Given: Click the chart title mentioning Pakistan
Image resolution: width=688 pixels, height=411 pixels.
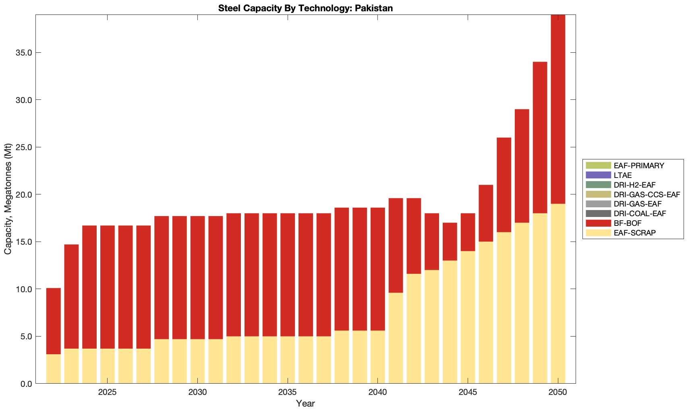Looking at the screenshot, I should [x=305, y=8].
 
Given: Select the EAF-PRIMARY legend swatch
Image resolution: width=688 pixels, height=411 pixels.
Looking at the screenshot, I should [x=598, y=165].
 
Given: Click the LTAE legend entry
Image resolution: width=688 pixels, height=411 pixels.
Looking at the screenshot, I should [x=622, y=175].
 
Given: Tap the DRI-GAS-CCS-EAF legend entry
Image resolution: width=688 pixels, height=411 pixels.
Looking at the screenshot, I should [x=647, y=194].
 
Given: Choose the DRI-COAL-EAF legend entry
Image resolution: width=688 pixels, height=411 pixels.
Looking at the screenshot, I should [x=640, y=213].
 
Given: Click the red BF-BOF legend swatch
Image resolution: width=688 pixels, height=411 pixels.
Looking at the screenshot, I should [x=598, y=223].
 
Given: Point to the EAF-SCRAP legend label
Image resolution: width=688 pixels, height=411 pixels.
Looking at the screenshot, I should [x=634, y=233].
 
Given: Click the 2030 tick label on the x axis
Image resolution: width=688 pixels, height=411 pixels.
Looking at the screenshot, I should [x=197, y=392].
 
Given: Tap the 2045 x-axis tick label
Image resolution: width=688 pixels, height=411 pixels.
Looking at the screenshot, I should [x=468, y=392].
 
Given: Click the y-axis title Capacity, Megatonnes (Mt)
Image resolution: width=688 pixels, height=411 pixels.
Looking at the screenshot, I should [x=8, y=199].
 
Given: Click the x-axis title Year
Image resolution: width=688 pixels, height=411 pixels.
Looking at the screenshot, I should [x=305, y=403].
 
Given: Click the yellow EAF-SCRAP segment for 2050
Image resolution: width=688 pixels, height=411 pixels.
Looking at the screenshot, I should [x=558, y=293].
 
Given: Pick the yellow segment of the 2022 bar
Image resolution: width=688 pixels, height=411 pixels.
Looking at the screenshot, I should [x=54, y=369].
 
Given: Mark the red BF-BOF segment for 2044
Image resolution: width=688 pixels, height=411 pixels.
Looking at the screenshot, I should [x=450, y=242].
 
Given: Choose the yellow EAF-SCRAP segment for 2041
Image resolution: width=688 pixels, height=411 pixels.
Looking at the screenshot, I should [x=396, y=338].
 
